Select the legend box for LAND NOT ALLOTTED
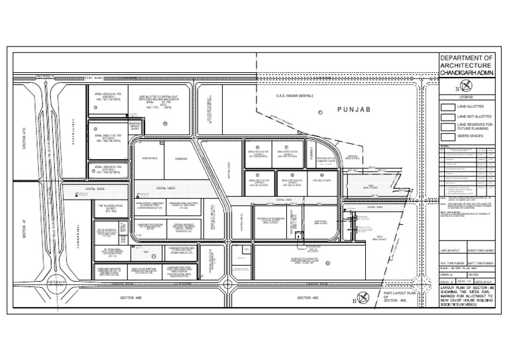pyautogui.click(x=447, y=115)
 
